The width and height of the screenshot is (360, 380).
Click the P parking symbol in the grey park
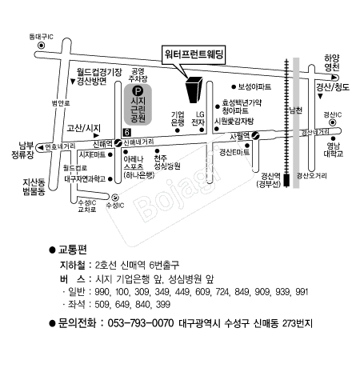pyautogui.click(x=137, y=92)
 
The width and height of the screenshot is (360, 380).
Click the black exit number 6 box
pyautogui.click(x=126, y=131)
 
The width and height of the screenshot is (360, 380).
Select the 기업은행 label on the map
pyautogui.click(x=178, y=119)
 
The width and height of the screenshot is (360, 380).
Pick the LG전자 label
pyautogui.click(x=200, y=119)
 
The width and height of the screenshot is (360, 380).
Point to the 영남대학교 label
pyautogui.click(x=332, y=149)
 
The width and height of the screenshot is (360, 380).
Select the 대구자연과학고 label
pyautogui.click(x=84, y=178)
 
